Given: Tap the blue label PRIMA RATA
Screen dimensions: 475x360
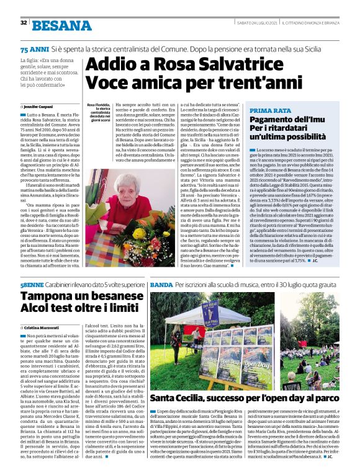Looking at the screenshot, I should pos(271,110).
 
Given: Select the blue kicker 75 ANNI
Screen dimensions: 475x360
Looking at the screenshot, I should pos(34,48).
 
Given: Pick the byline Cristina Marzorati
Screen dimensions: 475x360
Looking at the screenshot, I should pos(43,327).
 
